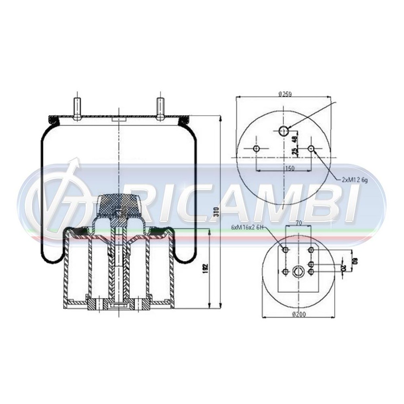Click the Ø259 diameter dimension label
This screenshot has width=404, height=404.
[285, 94]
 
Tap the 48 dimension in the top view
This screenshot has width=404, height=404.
[295, 138]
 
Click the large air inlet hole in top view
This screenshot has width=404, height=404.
[284, 130]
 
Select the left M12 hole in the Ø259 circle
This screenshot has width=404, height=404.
[256, 149]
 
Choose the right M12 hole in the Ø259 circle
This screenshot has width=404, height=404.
[311, 149]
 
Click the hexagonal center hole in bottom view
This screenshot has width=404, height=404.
[298, 271]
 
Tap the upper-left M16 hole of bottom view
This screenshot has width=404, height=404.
[286, 250]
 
